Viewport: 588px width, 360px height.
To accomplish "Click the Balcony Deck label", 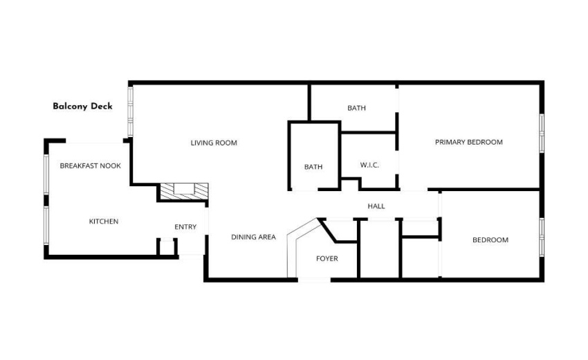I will (82, 107).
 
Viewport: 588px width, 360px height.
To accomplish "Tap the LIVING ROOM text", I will (214, 143).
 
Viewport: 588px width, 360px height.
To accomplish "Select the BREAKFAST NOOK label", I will (90, 166).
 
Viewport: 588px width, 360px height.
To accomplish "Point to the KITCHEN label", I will (104, 222).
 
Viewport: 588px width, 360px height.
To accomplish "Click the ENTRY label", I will (185, 227).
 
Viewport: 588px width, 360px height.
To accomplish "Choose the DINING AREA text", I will (253, 237).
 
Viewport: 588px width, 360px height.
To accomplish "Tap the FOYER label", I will (327, 259).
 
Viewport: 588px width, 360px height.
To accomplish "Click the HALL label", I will (376, 206).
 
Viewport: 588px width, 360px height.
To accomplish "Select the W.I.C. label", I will (369, 165).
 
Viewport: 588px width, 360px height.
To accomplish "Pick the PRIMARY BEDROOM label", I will (468, 143).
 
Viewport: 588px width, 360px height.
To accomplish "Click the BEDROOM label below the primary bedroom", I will (490, 240).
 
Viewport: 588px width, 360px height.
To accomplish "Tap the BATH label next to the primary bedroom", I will (356, 108).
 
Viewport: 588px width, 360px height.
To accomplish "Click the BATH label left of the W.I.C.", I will (313, 167).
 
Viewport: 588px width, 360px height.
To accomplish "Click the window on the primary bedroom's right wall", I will (542, 132).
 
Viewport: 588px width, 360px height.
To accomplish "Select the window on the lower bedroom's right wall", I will (542, 239).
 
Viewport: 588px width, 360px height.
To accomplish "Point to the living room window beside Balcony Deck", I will (130, 111).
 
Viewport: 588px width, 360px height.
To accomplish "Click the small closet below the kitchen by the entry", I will (166, 247).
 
